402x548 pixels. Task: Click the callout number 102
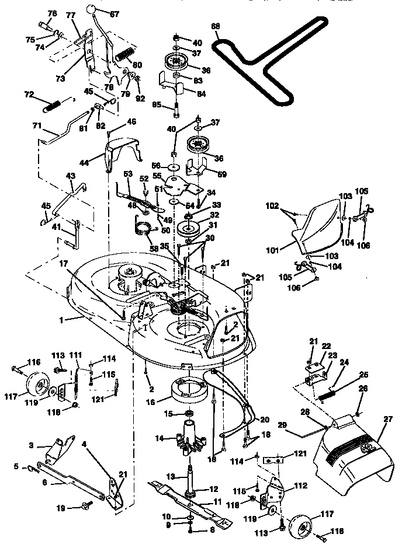[x=273, y=206]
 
